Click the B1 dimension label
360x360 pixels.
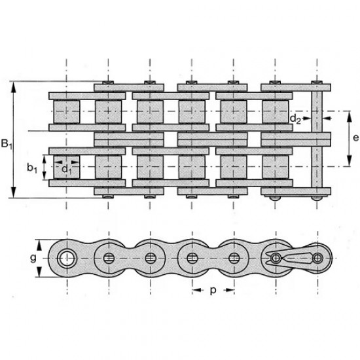[7, 144]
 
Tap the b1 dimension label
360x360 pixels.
[32, 168]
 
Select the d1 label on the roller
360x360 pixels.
[67, 170]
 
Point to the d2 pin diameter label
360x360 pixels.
[295, 119]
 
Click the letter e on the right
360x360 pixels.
[355, 138]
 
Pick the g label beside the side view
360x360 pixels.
[33, 259]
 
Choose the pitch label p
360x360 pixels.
[213, 291]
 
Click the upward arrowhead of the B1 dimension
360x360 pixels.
[14, 87]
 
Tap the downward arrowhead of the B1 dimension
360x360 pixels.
[14, 192]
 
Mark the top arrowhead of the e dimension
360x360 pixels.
[350, 117]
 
